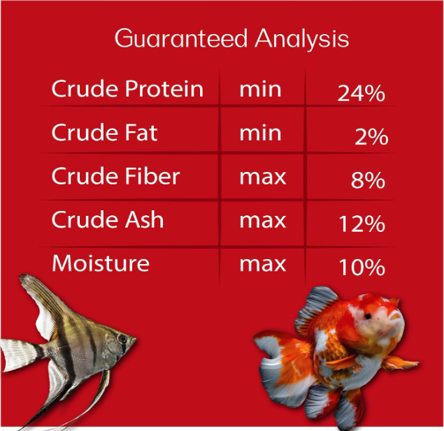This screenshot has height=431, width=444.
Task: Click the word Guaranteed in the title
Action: tap(181, 38)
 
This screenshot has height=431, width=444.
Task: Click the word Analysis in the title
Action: tap(302, 39)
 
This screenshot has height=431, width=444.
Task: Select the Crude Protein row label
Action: tap(127, 88)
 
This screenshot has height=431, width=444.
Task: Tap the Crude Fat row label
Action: tap(104, 132)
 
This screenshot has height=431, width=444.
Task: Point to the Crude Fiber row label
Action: tap(115, 175)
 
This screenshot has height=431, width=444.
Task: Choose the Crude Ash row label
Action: tap(108, 219)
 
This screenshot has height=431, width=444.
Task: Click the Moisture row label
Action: tap(101, 263)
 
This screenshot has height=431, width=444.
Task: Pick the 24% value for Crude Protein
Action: tap(361, 93)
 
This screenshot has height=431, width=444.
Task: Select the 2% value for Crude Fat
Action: tap(371, 137)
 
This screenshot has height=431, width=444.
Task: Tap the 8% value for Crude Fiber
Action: tap(368, 180)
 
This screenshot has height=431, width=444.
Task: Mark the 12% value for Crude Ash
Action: tap(362, 224)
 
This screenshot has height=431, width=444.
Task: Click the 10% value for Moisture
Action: tap(362, 268)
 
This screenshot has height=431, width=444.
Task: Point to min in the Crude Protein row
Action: tap(260, 90)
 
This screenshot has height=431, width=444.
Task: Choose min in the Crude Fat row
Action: tap(260, 133)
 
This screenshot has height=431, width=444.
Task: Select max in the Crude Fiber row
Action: tap(263, 177)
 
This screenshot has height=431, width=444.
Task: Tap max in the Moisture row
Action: tap(263, 265)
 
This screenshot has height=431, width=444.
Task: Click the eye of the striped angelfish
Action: tap(122, 338)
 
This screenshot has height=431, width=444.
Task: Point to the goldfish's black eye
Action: tap(367, 316)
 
